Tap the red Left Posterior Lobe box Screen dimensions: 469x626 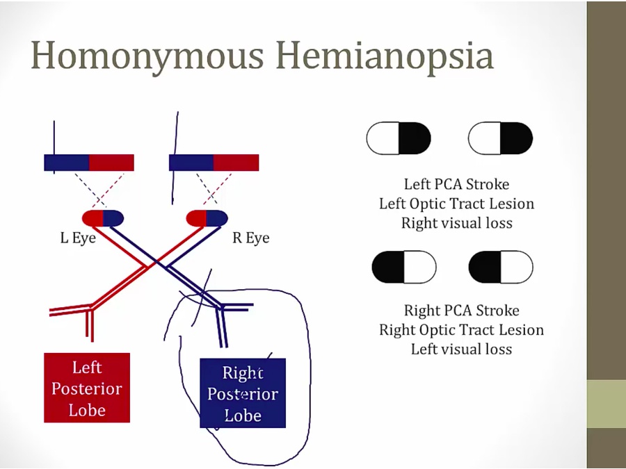coord(87,388)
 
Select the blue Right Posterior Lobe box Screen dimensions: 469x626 coord(242,393)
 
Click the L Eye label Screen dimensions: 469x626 coord(78,238)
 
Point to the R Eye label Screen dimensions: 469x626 coord(250,238)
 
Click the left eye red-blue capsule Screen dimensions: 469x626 coord(103,217)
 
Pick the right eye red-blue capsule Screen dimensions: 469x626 coord(207,217)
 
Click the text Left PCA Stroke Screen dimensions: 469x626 coord(456,184)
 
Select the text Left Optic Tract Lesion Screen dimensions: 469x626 coord(456,204)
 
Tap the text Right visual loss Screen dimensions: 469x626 coord(456,223)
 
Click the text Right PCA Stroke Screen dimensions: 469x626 coord(461,310)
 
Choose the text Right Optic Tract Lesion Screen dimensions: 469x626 coord(461,329)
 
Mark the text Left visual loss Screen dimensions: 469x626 coord(461,349)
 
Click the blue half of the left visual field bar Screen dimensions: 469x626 coord(67,163)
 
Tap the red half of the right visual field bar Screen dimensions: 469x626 coord(236,163)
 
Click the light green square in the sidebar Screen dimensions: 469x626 coord(607,404)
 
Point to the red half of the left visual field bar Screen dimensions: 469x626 coord(111,163)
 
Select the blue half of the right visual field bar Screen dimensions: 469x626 coord(191,163)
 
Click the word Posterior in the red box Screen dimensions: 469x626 coord(87,388)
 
